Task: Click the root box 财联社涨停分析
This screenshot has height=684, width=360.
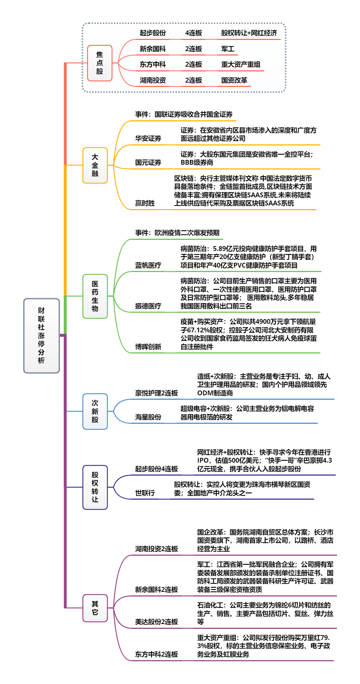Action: (x=41, y=335)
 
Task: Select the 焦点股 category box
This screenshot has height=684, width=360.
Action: (x=100, y=63)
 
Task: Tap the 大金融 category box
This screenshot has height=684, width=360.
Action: (x=95, y=165)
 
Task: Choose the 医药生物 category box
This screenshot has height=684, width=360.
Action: (x=95, y=296)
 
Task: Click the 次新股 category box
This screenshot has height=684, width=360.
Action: (x=95, y=411)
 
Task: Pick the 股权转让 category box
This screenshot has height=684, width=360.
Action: (x=95, y=487)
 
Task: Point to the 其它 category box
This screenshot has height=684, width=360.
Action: (x=95, y=608)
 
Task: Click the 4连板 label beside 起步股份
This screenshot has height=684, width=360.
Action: (x=193, y=33)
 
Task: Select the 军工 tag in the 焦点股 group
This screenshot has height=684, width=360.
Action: (x=228, y=49)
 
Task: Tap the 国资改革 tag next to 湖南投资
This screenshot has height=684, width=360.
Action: (x=234, y=80)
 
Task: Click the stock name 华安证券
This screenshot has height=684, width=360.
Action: (x=148, y=138)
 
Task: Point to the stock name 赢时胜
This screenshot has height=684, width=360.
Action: (x=145, y=203)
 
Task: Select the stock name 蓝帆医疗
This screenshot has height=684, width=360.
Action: (x=148, y=265)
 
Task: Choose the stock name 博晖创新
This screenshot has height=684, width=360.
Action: (x=148, y=347)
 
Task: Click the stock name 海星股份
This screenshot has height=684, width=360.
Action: (x=148, y=417)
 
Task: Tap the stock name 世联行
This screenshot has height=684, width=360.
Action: (x=145, y=493)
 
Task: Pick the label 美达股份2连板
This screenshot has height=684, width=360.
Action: (x=156, y=622)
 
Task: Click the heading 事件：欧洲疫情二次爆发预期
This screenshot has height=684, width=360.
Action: (x=177, y=233)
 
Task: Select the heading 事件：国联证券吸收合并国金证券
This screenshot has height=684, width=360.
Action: (x=184, y=114)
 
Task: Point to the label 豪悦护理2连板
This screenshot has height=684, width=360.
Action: (x=156, y=393)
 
